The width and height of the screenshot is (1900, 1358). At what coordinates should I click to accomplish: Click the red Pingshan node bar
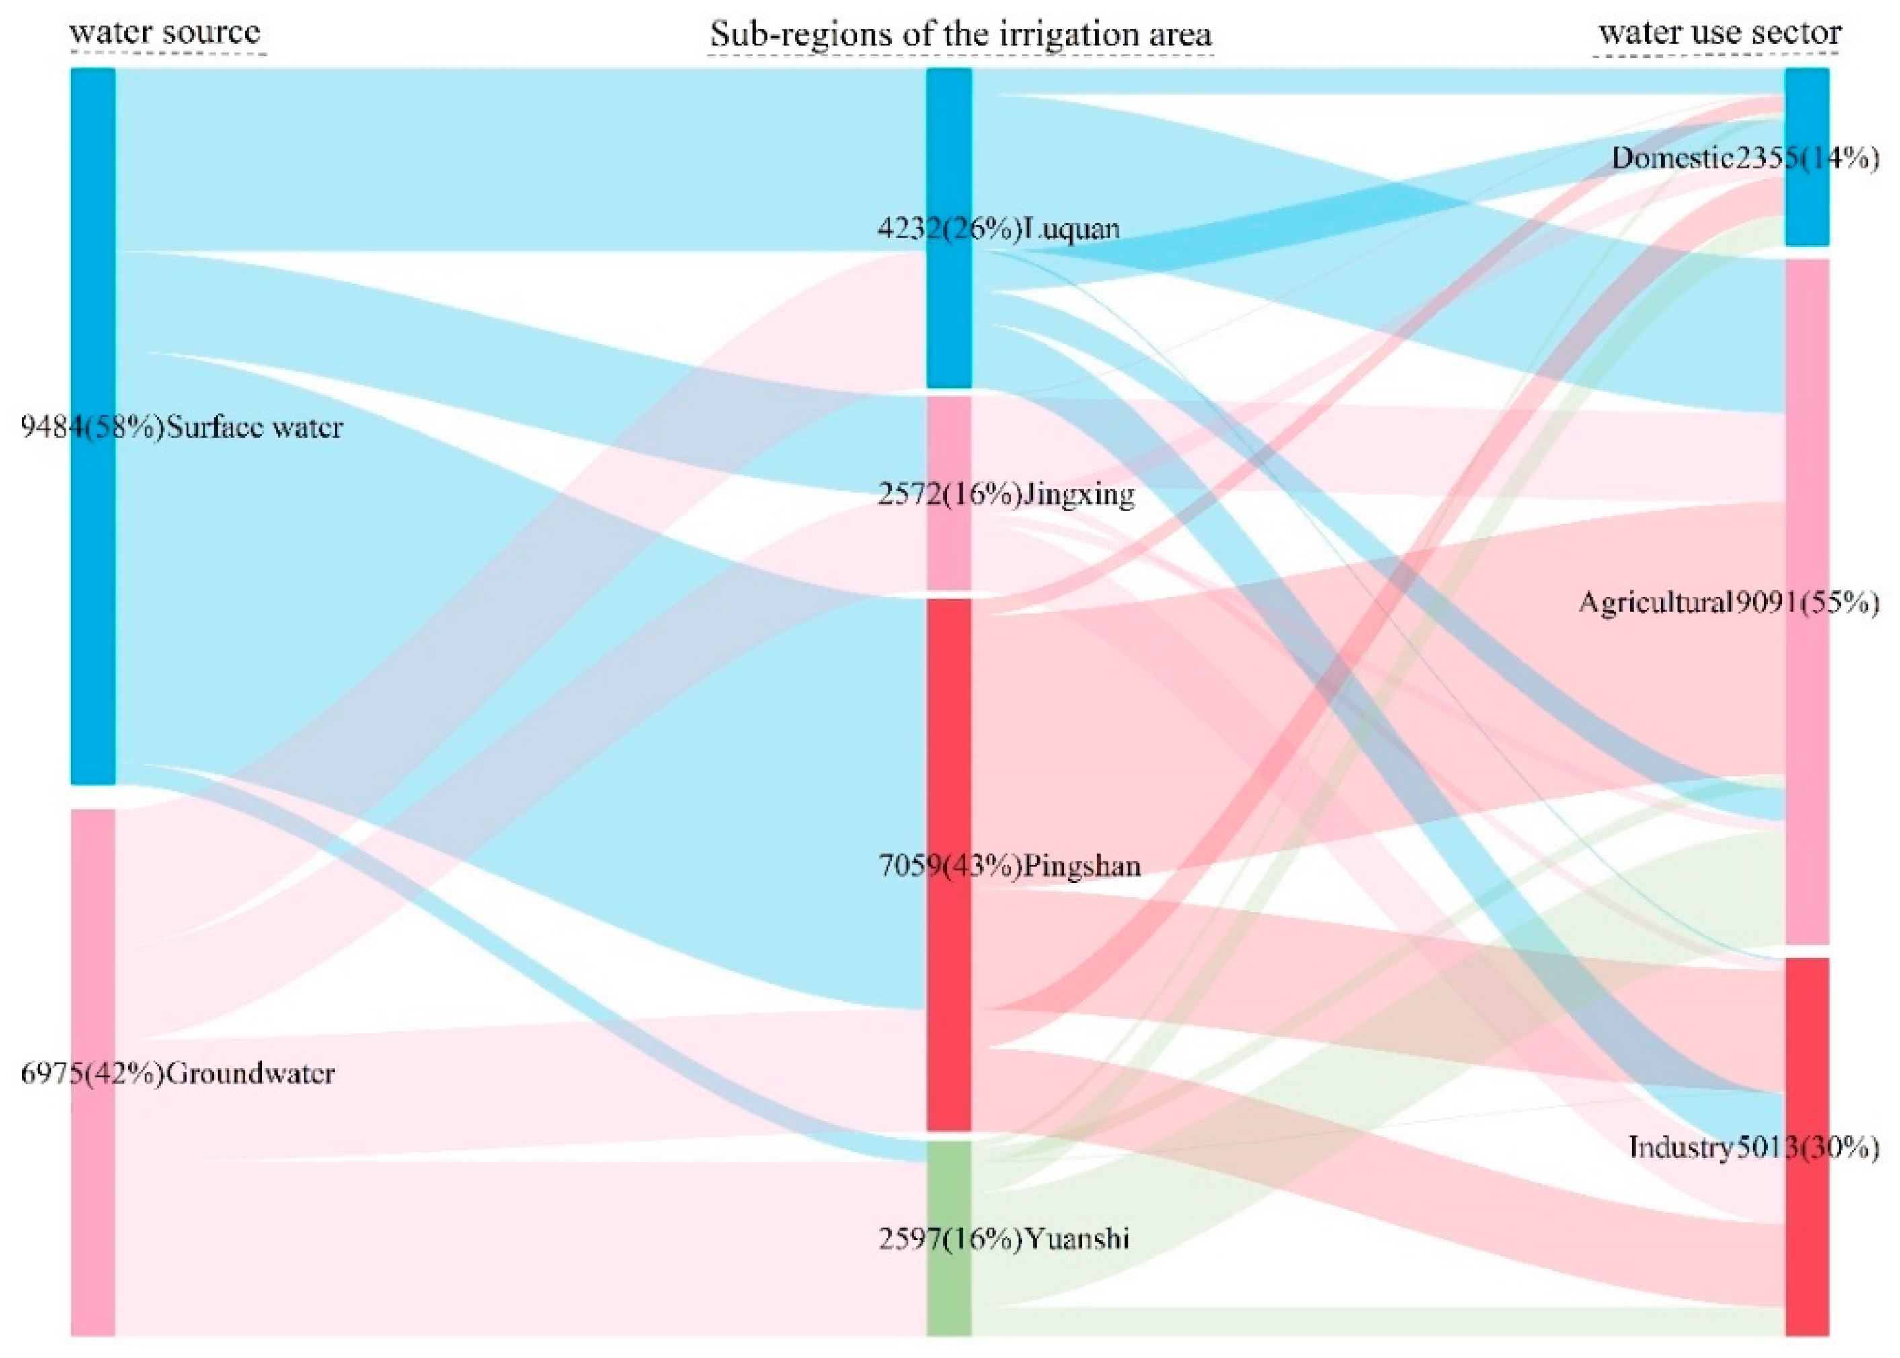[x=949, y=752]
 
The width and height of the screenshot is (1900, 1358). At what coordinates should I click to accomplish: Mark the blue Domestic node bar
[x=1807, y=100]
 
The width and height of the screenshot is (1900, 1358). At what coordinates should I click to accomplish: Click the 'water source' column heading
[x=165, y=34]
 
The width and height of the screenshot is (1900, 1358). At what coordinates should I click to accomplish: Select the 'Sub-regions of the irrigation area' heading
[x=960, y=35]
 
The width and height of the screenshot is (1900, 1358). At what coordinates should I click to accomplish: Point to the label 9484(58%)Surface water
[x=182, y=428]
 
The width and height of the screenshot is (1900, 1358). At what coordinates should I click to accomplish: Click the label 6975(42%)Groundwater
[x=177, y=1074]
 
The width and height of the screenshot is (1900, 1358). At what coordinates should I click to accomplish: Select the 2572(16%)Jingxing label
[x=1006, y=494]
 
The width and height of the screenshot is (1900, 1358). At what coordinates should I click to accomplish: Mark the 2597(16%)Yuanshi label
[x=1004, y=1238]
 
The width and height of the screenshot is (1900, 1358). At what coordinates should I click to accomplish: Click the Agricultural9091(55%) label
[x=1729, y=602]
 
